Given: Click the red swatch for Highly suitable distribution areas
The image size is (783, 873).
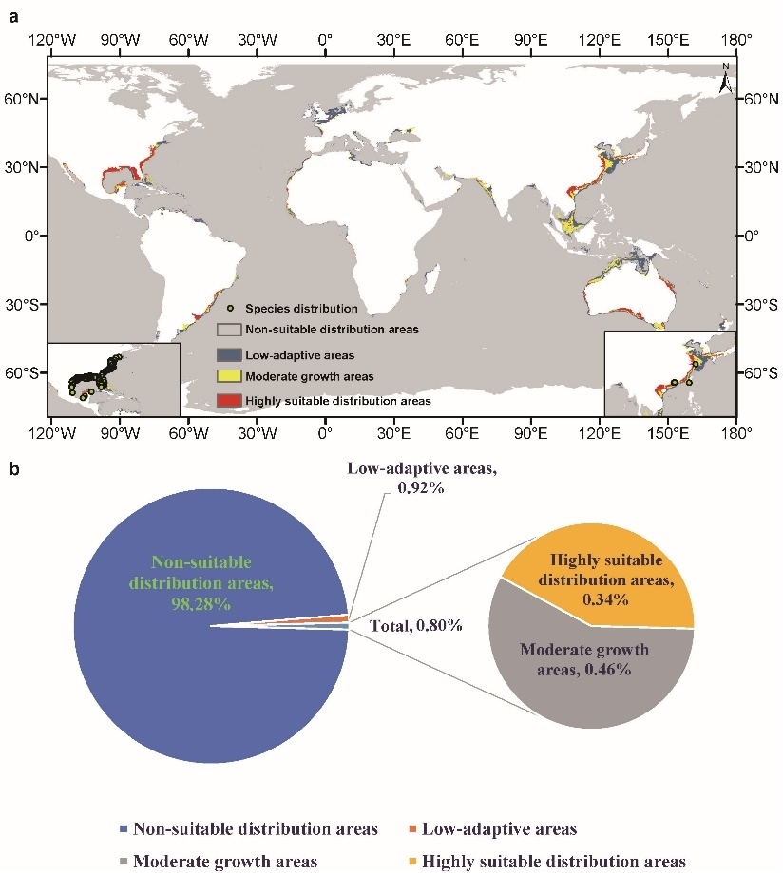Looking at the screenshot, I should click(228, 401).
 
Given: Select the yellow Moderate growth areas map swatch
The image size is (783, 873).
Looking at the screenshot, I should click(228, 377).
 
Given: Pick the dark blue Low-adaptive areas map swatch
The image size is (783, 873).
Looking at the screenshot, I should click(228, 354).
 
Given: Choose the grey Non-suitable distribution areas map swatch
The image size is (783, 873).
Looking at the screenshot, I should click(228, 330).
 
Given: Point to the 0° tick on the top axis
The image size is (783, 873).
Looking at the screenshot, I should click(325, 41).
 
